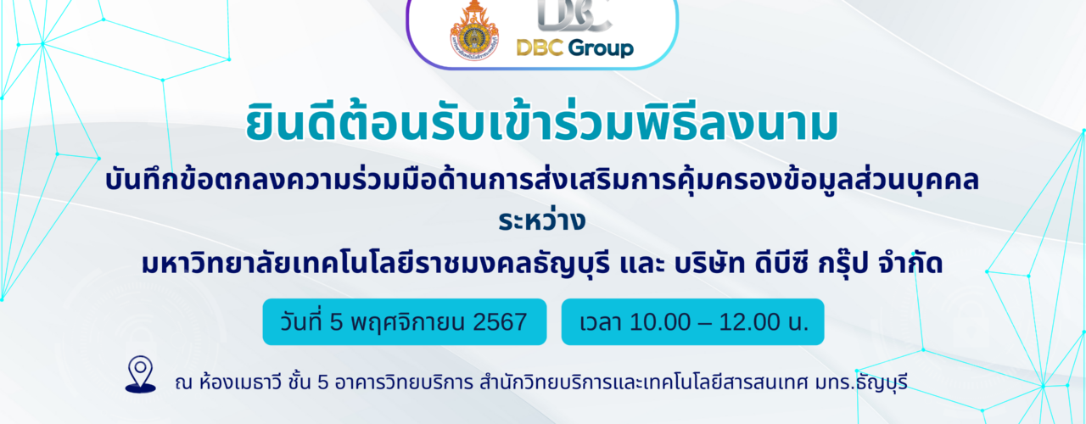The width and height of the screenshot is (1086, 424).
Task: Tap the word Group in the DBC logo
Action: [x=600, y=48]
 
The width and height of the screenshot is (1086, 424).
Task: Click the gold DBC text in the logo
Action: [x=540, y=47]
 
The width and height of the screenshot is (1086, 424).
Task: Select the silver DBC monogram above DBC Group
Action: [x=574, y=15]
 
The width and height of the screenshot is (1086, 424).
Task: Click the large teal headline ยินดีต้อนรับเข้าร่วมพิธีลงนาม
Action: [x=542, y=124]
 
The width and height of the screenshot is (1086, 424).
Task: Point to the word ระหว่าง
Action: [x=542, y=221]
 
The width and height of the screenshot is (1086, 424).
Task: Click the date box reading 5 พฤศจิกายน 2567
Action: [x=405, y=321]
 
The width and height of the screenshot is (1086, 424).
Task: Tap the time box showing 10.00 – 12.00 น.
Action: [x=693, y=321]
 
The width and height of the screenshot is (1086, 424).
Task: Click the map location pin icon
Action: [x=141, y=374]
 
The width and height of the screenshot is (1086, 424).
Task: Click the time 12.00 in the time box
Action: [x=746, y=322]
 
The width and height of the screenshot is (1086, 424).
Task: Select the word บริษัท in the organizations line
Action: [x=703, y=264]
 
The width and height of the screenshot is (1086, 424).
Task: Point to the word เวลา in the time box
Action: [x=600, y=322]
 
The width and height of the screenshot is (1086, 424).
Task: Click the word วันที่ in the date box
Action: [x=301, y=321]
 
